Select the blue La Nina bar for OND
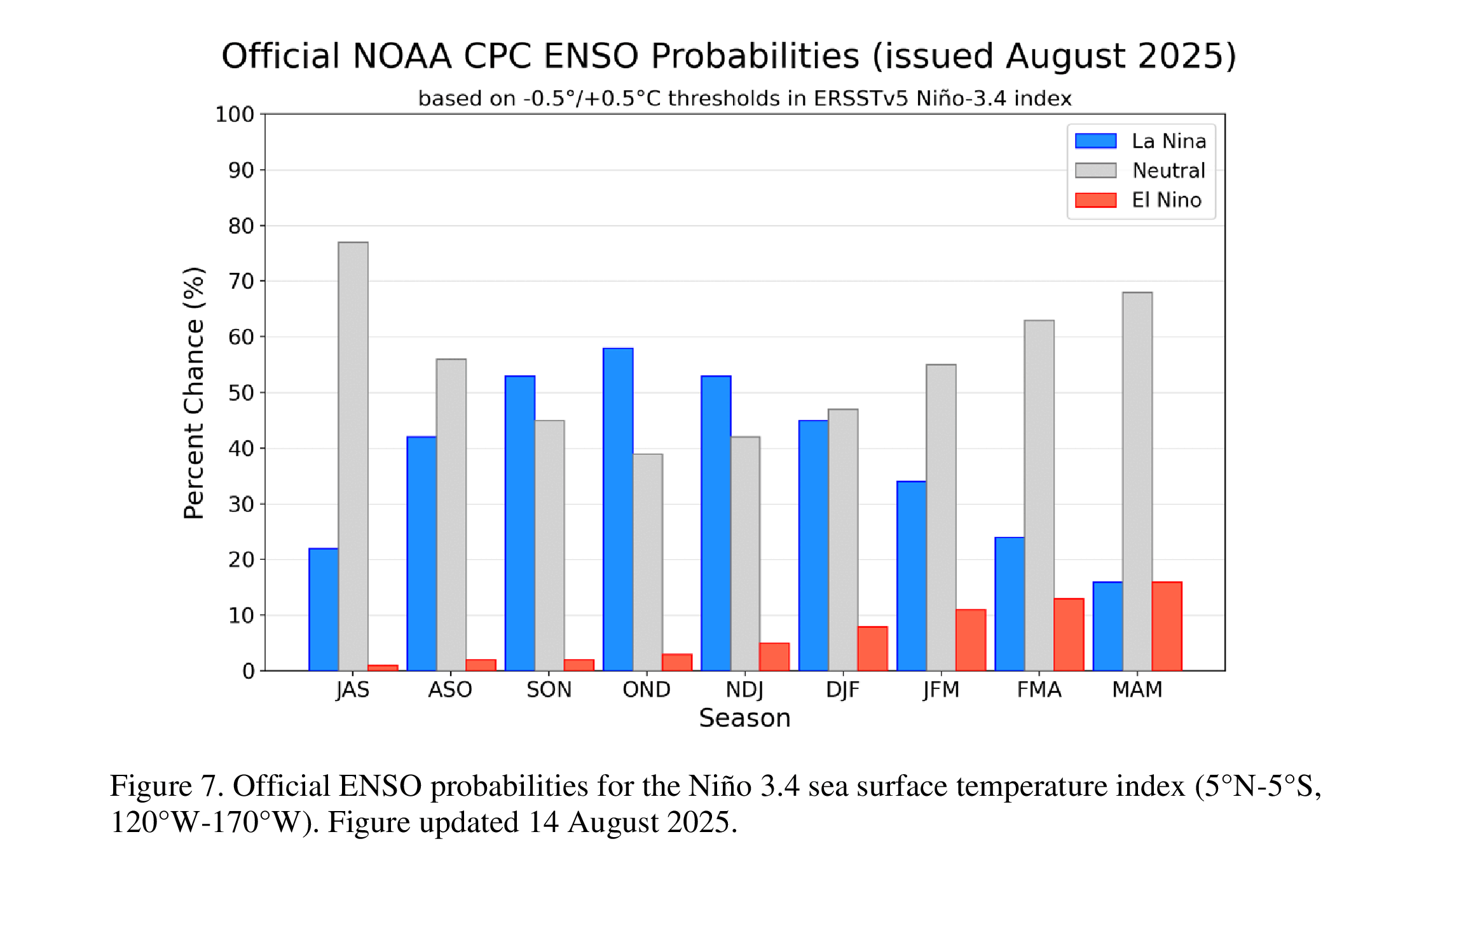(x=618, y=509)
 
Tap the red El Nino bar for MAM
(x=1167, y=626)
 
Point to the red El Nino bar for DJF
(x=872, y=648)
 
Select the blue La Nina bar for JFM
(x=911, y=576)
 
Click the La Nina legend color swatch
(x=1095, y=141)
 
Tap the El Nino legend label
(x=1166, y=200)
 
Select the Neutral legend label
(x=1168, y=170)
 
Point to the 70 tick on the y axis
(x=241, y=281)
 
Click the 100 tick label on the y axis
(x=234, y=115)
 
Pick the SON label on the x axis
(x=549, y=690)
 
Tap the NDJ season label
(x=744, y=690)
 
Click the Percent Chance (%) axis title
(x=194, y=392)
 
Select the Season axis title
(x=744, y=718)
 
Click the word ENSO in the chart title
(x=591, y=56)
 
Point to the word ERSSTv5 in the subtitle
(x=861, y=99)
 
